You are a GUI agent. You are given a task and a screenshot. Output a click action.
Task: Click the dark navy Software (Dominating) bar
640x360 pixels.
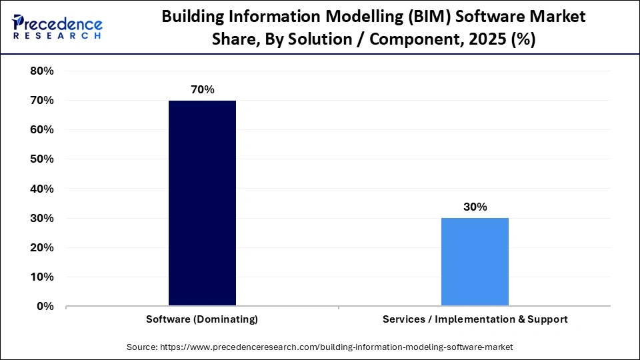pos(202,203)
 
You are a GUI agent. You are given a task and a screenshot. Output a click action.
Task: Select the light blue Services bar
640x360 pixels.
pos(475,261)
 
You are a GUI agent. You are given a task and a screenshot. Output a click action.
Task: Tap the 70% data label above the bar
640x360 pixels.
pos(202,89)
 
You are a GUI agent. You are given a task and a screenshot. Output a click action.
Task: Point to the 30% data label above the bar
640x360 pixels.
pos(475,207)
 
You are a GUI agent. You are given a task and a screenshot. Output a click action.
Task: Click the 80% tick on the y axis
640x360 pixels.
pos(42,71)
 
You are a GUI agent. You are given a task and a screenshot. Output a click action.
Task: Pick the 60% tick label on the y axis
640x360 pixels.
pos(42,130)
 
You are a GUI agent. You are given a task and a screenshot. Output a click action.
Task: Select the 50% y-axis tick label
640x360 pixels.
pos(42,159)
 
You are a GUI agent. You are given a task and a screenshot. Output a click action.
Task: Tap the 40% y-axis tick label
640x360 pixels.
pos(42,189)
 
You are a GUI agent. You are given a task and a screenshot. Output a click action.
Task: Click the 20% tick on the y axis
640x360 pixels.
pos(42,247)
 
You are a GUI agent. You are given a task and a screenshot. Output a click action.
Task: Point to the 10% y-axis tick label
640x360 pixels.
pos(42,277)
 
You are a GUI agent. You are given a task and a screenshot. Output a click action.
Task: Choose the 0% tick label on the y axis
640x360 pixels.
pos(45,306)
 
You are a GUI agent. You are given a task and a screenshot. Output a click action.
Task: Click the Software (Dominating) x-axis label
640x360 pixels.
pos(202,319)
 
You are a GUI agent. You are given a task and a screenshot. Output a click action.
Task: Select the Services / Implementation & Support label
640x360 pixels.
pos(475,319)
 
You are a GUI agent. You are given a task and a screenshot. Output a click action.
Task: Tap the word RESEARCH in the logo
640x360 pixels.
pos(57,35)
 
